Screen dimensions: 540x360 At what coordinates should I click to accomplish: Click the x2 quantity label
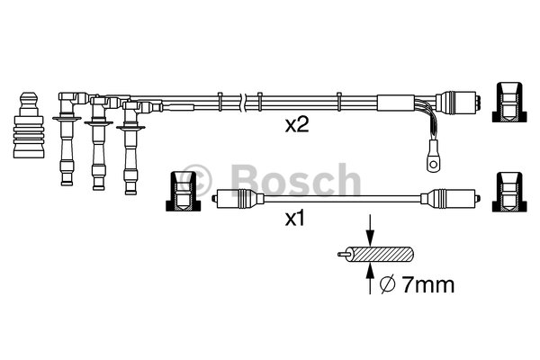pyautogui.click(x=297, y=125)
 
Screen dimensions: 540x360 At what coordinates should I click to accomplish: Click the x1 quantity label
pyautogui.click(x=295, y=219)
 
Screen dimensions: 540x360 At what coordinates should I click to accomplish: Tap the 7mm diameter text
pyautogui.click(x=428, y=285)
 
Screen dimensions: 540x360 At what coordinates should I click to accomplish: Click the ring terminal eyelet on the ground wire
pyautogui.click(x=433, y=161)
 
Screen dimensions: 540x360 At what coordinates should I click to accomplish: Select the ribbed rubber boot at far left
pyautogui.click(x=29, y=125)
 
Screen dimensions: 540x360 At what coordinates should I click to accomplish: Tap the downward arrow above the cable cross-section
pyautogui.click(x=370, y=229)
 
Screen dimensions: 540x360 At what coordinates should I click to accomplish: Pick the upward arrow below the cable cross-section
pyautogui.click(x=370, y=278)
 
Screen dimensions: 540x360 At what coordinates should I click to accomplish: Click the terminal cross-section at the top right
pyautogui.click(x=509, y=102)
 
